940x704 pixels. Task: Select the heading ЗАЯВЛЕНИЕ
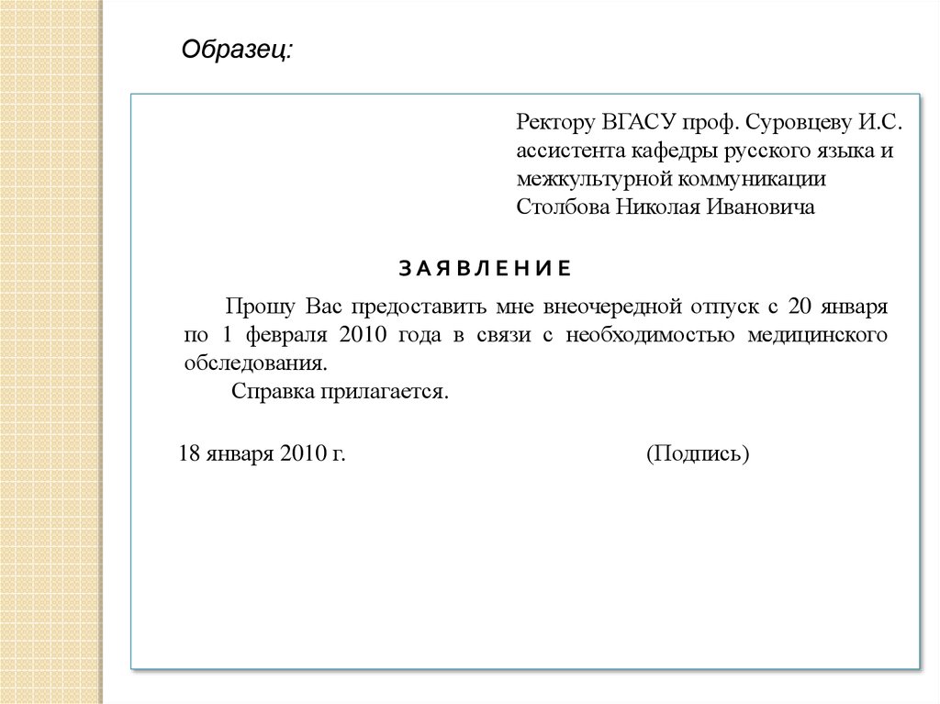point(485,268)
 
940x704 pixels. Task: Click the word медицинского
point(818,334)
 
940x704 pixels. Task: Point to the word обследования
point(254,363)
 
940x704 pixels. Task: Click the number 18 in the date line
point(188,453)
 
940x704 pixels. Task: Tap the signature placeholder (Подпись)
point(699,453)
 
